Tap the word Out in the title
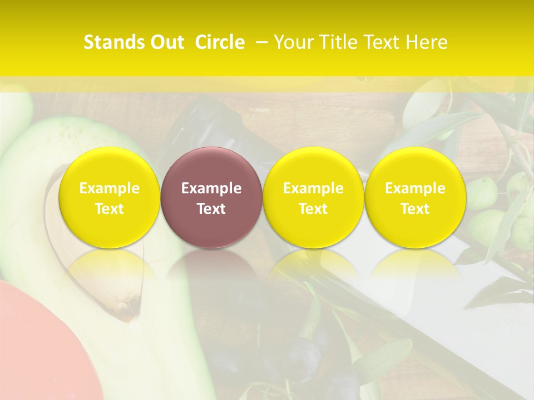coord(166,42)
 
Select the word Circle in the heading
coord(220,42)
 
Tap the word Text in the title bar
coord(383,42)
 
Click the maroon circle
coord(211,197)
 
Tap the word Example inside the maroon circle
coord(211,188)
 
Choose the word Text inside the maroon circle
coord(211,209)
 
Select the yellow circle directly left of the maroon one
coord(110,197)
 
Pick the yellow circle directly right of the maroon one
coord(313,197)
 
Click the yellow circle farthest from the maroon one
coord(415,197)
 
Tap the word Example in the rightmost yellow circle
coord(415,188)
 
